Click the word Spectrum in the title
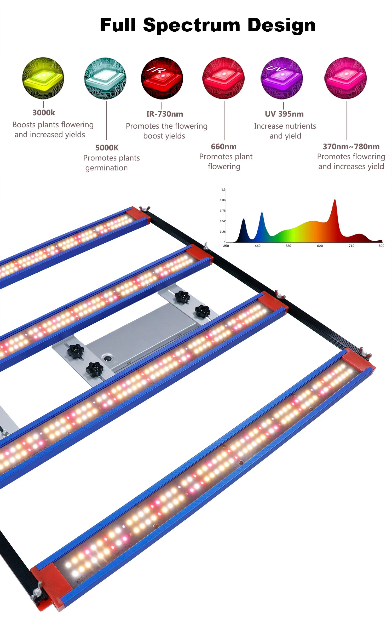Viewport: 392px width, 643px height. tap(192, 25)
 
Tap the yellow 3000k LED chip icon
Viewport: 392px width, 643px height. tap(43, 78)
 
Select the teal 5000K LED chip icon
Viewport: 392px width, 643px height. tap(105, 78)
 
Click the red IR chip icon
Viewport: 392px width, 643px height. tap(162, 78)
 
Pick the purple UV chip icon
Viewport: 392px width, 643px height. tap(282, 78)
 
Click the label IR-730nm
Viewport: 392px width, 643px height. tap(165, 114)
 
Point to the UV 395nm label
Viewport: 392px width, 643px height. tap(284, 114)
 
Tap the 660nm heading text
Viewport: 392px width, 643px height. tap(224, 147)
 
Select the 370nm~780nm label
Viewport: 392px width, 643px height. tap(351, 147)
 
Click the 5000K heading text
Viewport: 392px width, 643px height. tap(107, 148)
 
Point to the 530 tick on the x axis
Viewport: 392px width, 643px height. tap(288, 246)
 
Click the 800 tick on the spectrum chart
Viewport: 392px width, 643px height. tap(381, 246)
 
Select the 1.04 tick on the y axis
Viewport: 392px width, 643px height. tap(223, 200)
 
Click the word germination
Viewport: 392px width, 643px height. tap(107, 168)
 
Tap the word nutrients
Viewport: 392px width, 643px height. tap(301, 126)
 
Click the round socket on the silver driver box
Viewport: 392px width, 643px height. tap(107, 358)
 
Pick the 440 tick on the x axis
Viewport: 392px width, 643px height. tap(258, 246)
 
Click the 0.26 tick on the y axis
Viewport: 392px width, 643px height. tap(223, 232)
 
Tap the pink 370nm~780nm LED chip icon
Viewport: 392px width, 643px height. tap(345, 78)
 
